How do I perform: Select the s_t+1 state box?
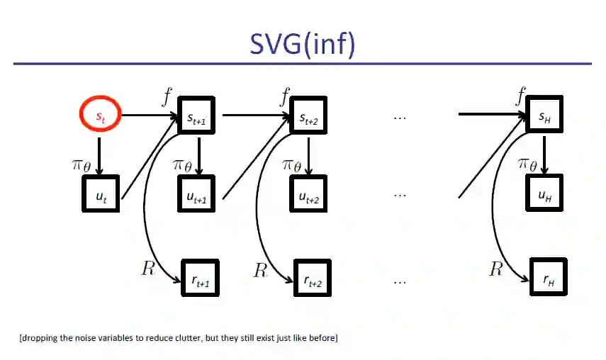pos(197,116)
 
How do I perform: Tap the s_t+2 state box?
pos(308,116)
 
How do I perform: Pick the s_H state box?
pos(544,116)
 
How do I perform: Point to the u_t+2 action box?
pos(308,193)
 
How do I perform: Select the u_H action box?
pos(544,193)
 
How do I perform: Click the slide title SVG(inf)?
pos(302,43)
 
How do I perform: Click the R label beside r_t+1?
pos(147,269)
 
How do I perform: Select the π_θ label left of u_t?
pos(81,165)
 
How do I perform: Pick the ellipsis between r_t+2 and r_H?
pos(399,281)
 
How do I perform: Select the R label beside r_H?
pos(495,269)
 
